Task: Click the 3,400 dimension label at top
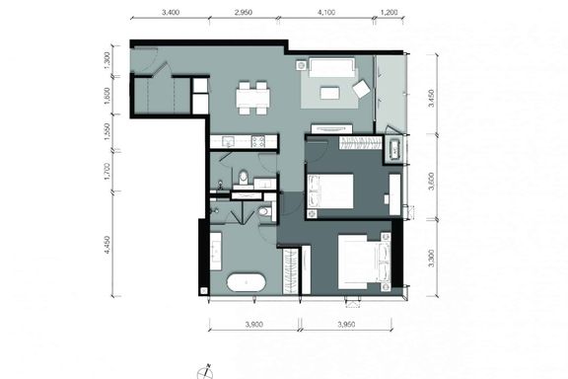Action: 171,12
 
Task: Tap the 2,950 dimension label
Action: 244,12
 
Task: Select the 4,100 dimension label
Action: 326,12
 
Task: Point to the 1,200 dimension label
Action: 390,12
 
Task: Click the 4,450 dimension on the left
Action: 106,245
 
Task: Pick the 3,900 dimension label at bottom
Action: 254,325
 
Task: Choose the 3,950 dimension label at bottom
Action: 347,325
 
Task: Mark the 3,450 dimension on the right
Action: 431,98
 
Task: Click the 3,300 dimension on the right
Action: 431,258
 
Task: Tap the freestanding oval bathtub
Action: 247,282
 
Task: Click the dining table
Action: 253,98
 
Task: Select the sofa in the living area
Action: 332,67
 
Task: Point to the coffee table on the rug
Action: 329,92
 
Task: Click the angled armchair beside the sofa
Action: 361,89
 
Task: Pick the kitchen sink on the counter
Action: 228,141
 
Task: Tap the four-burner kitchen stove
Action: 258,141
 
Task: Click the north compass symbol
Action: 205,372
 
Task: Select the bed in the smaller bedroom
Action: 330,191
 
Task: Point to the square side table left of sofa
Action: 302,65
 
